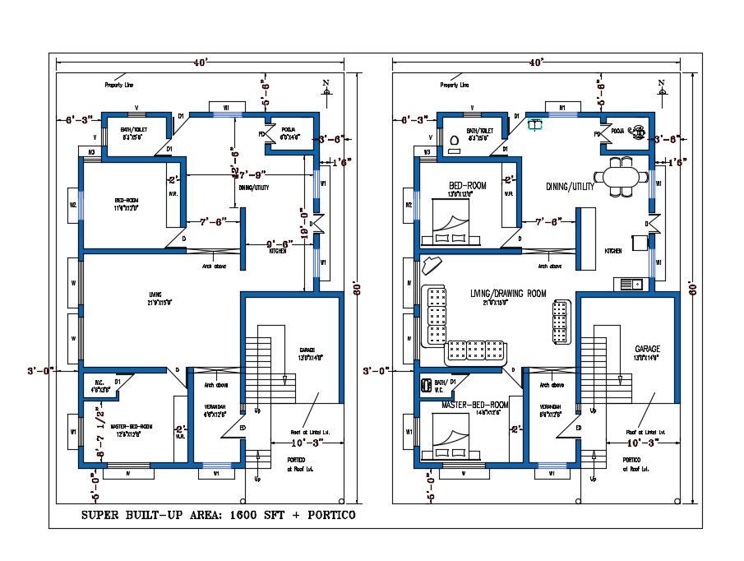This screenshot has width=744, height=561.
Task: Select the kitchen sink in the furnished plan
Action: tap(631, 284)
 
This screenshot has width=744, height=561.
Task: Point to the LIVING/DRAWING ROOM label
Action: tap(508, 294)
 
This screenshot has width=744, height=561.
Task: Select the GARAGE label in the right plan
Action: tap(647, 349)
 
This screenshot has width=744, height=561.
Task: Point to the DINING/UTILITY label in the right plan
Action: tap(569, 187)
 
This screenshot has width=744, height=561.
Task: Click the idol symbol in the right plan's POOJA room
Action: tap(639, 129)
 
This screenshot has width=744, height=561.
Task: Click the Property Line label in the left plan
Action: tap(118, 85)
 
